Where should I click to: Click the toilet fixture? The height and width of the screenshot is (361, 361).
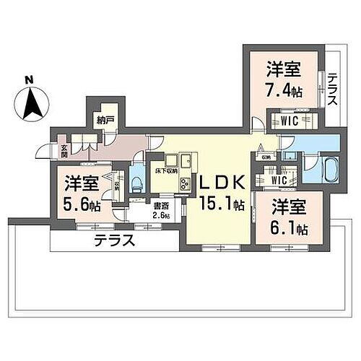pyautogui.click(x=137, y=176)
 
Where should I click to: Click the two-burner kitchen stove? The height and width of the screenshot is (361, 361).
pyautogui.click(x=185, y=183)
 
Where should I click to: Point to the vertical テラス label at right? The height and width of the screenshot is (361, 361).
pyautogui.click(x=331, y=90)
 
